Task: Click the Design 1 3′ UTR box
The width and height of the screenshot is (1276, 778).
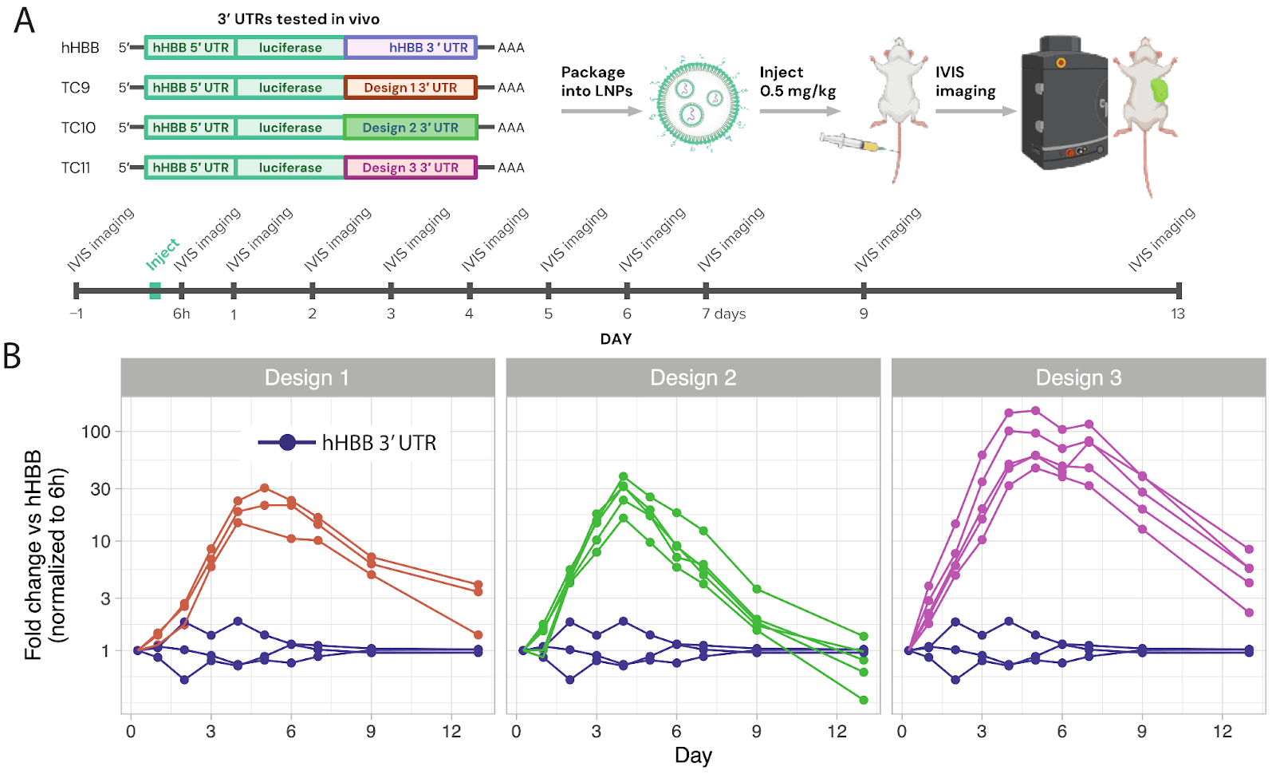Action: (x=410, y=88)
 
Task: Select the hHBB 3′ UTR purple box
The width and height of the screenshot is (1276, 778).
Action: (x=410, y=48)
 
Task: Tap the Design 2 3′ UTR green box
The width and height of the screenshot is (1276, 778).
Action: (x=410, y=128)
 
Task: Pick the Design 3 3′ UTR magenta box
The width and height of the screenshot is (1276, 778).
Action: (x=410, y=168)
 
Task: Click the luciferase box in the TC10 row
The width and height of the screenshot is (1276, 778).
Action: (x=290, y=128)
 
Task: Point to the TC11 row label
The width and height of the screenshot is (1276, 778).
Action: (x=76, y=168)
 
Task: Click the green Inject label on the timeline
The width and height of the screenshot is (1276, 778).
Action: (x=162, y=254)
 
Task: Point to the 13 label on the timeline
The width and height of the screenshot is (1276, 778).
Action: (x=1178, y=314)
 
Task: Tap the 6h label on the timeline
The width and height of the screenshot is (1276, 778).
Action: (x=182, y=314)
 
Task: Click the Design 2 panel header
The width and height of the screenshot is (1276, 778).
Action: (x=693, y=377)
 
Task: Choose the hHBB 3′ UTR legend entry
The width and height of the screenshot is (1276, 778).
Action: (x=347, y=443)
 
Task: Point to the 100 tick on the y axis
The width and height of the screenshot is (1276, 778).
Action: (x=96, y=432)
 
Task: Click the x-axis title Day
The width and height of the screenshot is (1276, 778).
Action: (x=693, y=756)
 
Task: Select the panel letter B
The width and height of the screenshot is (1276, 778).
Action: (x=12, y=356)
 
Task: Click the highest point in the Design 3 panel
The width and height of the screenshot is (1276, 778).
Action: (x=1035, y=411)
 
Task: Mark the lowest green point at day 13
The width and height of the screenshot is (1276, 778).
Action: (x=864, y=700)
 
